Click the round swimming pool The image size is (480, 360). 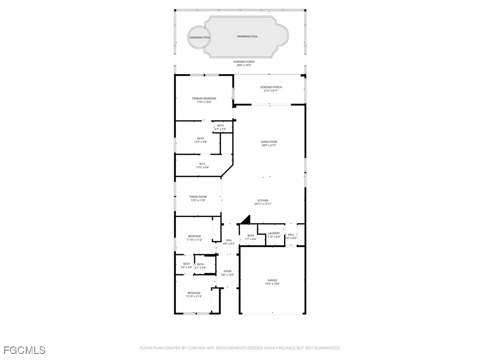pos(200,37)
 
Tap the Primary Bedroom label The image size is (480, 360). pos(204,98)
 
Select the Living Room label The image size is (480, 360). pos(269,142)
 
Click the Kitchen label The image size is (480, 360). pos(263,200)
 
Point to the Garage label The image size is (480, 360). pos(272,280)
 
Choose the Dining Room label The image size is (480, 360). pos(198,197)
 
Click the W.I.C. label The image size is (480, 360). pos(202,164)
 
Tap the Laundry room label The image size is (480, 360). pos(274,233)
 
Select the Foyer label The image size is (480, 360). pos(227,271)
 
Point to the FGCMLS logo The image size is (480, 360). pos(24,350)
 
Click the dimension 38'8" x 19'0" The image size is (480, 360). pos(244,65)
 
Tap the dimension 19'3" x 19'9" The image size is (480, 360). pos(272,284)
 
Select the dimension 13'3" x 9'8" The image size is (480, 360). pos(201,142)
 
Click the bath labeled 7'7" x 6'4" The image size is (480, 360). pos(251,237)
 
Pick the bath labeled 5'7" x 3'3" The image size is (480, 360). pos(220,127)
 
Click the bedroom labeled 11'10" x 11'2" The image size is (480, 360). pos(194,238)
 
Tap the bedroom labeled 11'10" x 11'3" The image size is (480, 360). pos(194,295)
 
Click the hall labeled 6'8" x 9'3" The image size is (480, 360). pos(229,242)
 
